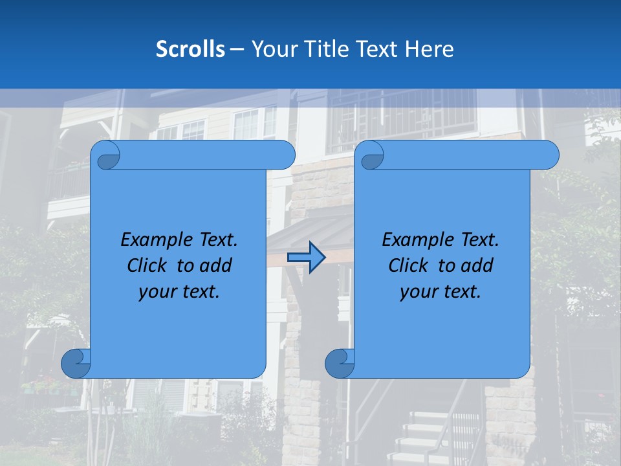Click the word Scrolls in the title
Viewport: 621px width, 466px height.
pos(190,49)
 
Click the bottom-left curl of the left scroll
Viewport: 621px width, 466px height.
pos(76,363)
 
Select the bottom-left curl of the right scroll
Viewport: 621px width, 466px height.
pos(340,363)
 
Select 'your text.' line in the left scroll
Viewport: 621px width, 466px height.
pos(179,292)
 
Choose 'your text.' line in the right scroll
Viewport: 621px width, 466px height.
pos(441,292)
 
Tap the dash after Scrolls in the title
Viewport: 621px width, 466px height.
pos(237,49)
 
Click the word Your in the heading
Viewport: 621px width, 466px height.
pos(272,49)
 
